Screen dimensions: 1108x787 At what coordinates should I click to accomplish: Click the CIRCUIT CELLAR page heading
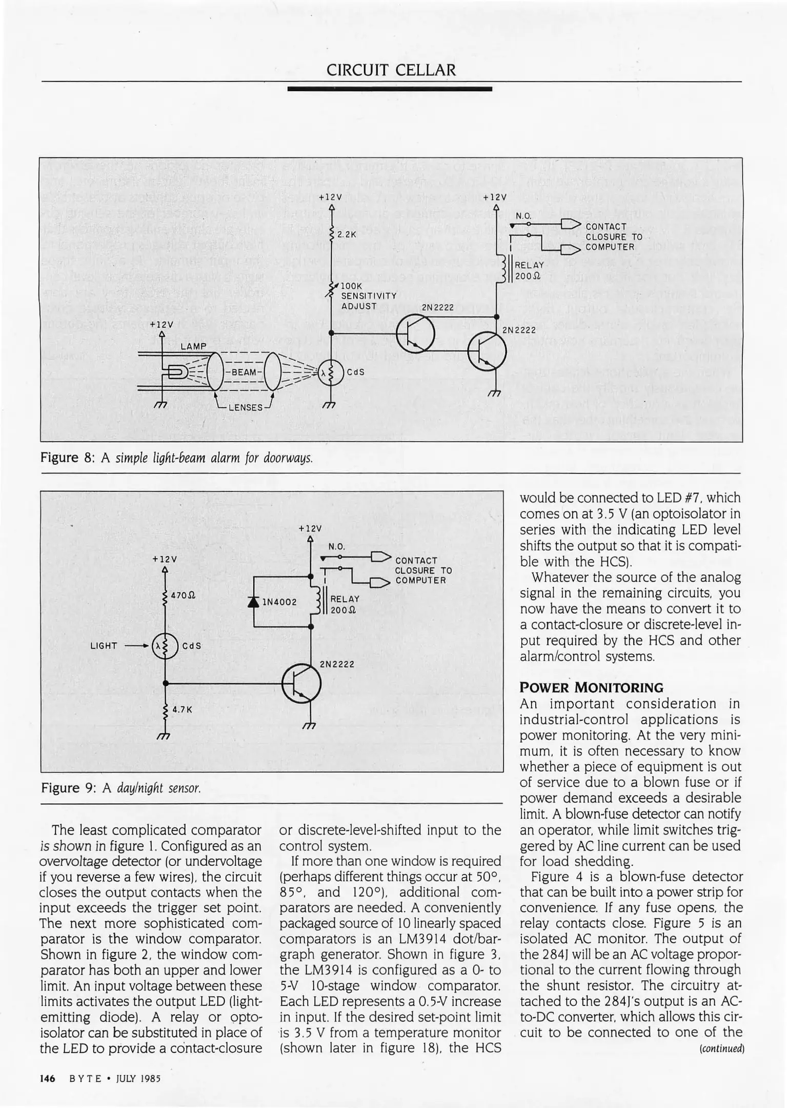[391, 70]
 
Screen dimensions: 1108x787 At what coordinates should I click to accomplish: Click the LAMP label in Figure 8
[193, 346]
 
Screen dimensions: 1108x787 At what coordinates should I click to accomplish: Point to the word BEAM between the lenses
[244, 372]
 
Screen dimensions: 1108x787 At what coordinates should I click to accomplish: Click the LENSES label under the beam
[246, 407]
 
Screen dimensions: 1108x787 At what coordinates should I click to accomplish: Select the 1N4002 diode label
[279, 602]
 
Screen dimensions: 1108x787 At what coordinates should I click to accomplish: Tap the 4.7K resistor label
[182, 709]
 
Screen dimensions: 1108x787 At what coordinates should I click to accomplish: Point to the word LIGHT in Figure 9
[104, 646]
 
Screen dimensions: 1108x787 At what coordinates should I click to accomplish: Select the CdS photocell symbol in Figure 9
[165, 646]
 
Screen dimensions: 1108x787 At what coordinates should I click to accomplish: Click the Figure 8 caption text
[176, 457]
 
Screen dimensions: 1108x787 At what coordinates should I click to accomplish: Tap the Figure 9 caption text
[121, 788]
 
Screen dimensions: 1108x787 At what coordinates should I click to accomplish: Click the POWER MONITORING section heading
[591, 687]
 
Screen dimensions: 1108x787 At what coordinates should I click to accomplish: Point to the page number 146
[47, 1078]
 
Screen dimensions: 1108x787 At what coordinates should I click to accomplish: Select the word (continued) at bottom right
[721, 1048]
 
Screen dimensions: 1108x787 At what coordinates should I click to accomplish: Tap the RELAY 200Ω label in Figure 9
[345, 604]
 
